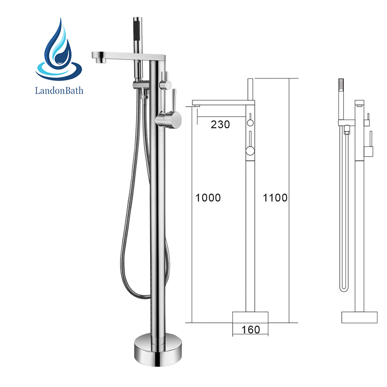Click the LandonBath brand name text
click(x=59, y=90)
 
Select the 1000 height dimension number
click(x=208, y=198)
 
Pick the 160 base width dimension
click(x=250, y=330)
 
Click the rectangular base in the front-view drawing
click(x=250, y=318)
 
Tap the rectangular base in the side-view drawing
click(x=359, y=318)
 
